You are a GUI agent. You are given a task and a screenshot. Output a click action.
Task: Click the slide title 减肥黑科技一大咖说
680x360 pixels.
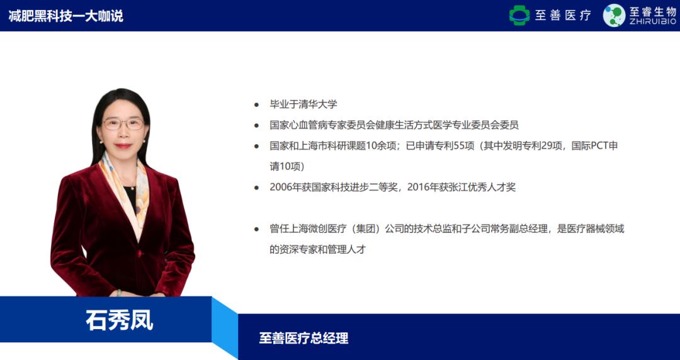(x=65, y=16)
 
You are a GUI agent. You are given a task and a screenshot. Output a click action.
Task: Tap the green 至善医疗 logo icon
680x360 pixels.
(x=519, y=16)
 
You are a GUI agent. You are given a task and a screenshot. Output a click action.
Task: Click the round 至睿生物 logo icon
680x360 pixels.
(x=614, y=16)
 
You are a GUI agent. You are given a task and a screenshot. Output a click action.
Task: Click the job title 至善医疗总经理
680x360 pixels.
(x=303, y=339)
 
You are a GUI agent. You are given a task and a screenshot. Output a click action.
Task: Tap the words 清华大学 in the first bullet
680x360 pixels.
(x=322, y=104)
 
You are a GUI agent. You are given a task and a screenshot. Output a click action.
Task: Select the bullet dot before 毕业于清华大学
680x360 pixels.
(x=256, y=104)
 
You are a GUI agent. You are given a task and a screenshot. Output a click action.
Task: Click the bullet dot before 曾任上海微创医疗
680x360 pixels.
(x=256, y=229)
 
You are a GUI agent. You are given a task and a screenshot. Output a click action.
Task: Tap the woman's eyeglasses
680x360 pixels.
(x=123, y=123)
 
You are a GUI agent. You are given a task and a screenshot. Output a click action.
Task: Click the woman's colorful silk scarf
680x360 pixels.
(x=125, y=183)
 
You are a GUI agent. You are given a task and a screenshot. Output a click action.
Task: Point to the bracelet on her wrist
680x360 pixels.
(x=118, y=293)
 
